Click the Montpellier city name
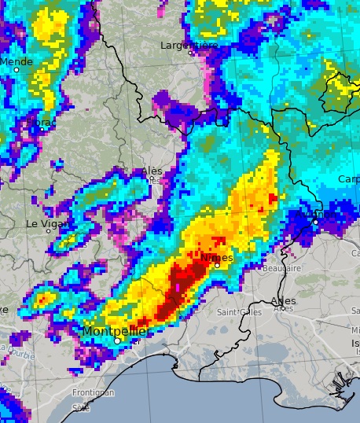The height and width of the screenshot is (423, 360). pyautogui.click(x=115, y=331)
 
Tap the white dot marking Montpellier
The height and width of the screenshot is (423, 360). pyautogui.click(x=117, y=341)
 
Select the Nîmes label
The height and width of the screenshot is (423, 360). pyautogui.click(x=217, y=257)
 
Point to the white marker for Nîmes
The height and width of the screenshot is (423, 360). pyautogui.click(x=217, y=265)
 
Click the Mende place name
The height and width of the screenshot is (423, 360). pyautogui.click(x=17, y=61)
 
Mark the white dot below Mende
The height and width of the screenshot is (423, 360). pyautogui.click(x=16, y=70)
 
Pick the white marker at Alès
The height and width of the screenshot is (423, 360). pyautogui.click(x=152, y=178)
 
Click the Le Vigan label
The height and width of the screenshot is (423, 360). pyautogui.click(x=43, y=223)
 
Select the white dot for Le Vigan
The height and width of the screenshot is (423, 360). pyautogui.click(x=48, y=230)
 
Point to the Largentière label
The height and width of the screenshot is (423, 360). pyautogui.click(x=189, y=46)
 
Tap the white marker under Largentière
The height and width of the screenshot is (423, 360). pyautogui.click(x=189, y=53)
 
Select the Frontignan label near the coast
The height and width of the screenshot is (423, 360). pyautogui.click(x=94, y=392)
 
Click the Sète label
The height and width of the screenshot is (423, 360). pyautogui.click(x=81, y=407)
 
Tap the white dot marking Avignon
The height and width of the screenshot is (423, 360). pyautogui.click(x=315, y=222)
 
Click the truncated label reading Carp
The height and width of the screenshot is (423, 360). pyautogui.click(x=349, y=179)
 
